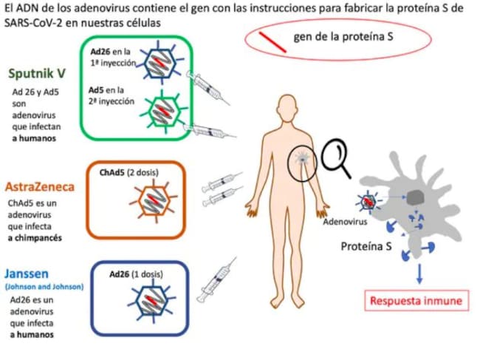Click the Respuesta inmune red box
(418, 301)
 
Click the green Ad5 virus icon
(158, 109)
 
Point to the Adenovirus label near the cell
(345, 221)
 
